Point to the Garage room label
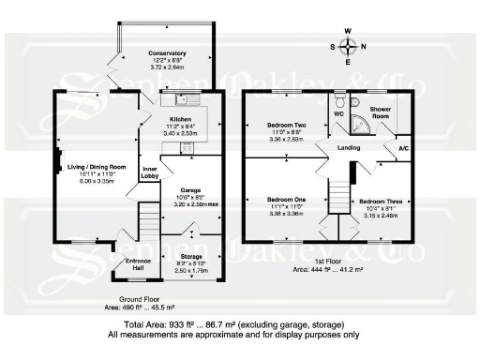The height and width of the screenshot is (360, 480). click(x=191, y=190)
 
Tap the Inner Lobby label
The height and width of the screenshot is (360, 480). click(x=149, y=172)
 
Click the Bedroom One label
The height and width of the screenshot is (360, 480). click(x=286, y=201)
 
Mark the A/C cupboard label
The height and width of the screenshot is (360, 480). click(x=403, y=148)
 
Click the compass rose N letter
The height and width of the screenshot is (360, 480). click(x=364, y=44)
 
